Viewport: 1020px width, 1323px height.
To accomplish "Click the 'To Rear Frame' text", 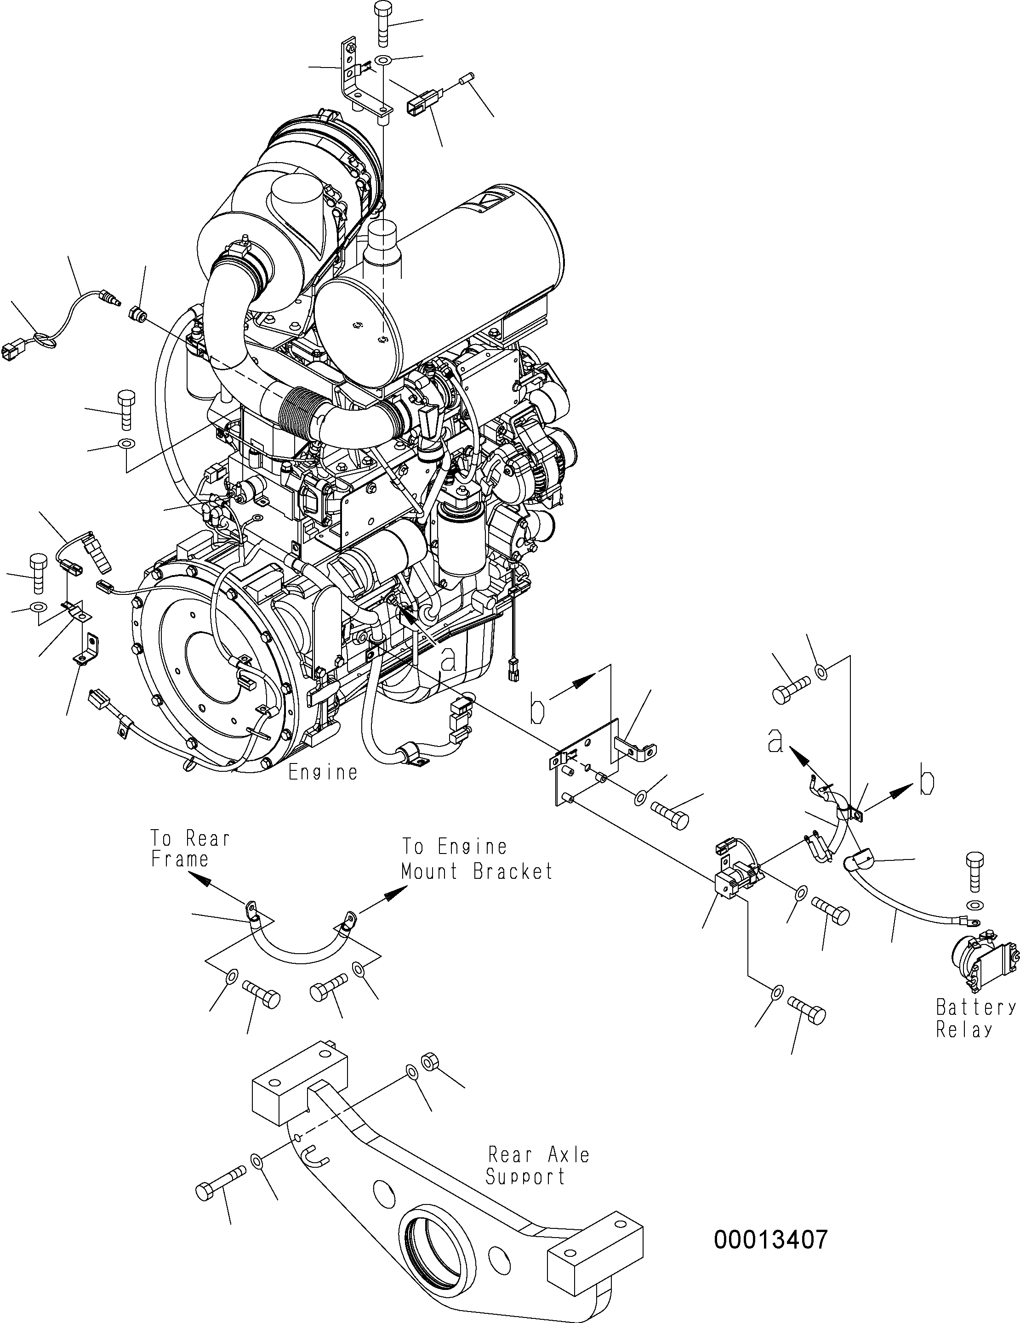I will tap(190, 848).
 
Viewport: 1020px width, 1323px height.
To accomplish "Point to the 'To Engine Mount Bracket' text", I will tap(477, 859).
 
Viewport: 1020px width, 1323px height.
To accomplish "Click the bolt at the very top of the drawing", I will tap(383, 24).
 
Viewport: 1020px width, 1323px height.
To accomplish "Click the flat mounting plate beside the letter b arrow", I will tap(587, 763).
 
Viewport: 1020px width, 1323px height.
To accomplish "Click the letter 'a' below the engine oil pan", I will tap(447, 659).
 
